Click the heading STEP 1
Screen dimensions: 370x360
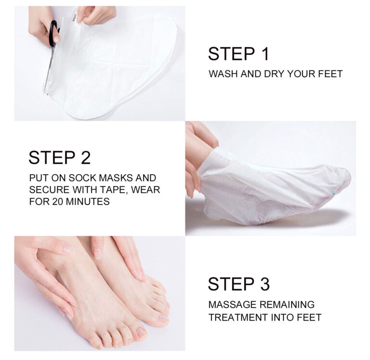coord(238,54)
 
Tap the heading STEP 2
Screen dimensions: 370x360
coord(59,157)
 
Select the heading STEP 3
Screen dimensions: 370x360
coord(238,284)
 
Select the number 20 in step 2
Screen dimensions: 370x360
coord(58,202)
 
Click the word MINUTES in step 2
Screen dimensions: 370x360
coord(88,202)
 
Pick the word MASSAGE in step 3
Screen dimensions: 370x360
coord(232,305)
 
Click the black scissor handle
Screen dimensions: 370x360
coord(54,33)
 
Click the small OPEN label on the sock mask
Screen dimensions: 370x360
coord(75,18)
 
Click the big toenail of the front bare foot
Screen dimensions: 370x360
coord(141,333)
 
